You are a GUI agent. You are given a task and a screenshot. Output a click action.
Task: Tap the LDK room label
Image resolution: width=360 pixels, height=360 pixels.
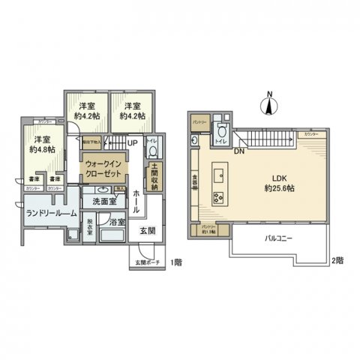[277, 178]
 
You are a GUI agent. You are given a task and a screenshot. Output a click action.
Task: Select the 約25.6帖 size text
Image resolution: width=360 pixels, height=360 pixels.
[277, 189]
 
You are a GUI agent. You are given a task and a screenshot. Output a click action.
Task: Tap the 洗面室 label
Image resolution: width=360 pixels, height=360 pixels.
[104, 202]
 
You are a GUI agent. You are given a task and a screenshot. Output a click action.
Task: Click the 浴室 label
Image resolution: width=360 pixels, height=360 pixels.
[116, 223]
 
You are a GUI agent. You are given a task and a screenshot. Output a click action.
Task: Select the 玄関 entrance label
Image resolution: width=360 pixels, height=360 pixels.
[148, 231]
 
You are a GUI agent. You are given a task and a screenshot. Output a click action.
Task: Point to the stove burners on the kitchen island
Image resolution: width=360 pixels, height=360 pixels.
[219, 198]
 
